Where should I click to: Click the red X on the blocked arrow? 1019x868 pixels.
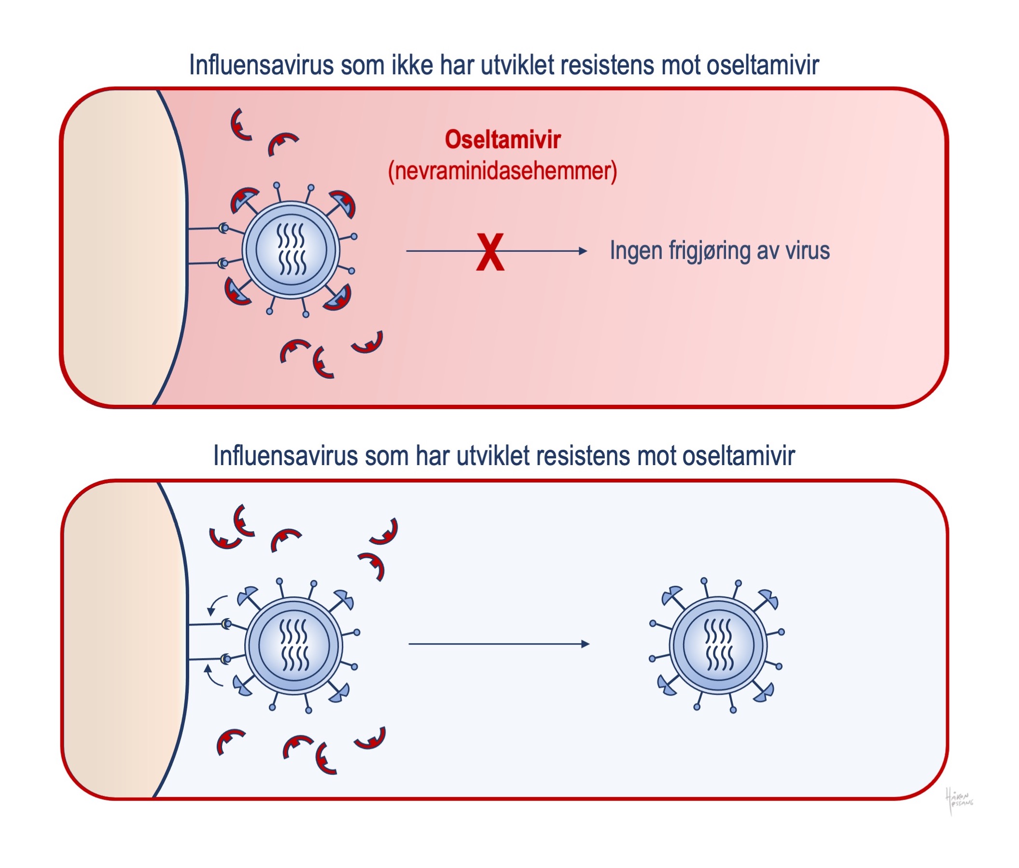[x=490, y=252]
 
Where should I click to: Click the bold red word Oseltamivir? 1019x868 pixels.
[x=503, y=140]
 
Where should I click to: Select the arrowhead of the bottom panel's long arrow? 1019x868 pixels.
[x=585, y=644]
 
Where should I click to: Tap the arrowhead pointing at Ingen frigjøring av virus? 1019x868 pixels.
[x=583, y=251]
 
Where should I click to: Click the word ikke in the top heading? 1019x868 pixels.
[x=412, y=65]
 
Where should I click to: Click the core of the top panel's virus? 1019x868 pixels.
[x=291, y=249]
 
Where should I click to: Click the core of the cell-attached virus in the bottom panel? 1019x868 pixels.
[x=294, y=645]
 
